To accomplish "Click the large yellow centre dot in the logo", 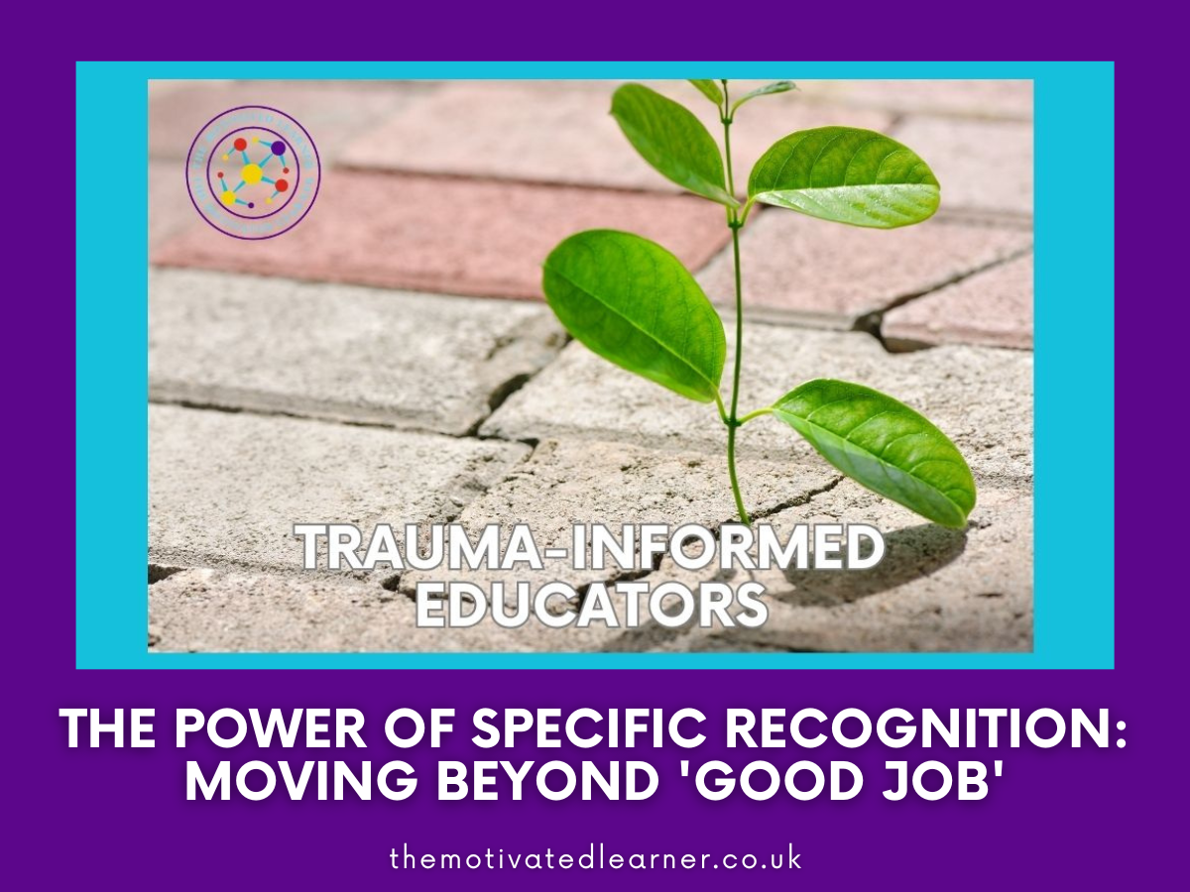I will tap(252, 174).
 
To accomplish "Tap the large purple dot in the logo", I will tap(279, 148).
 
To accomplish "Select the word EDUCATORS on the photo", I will tap(591, 605).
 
